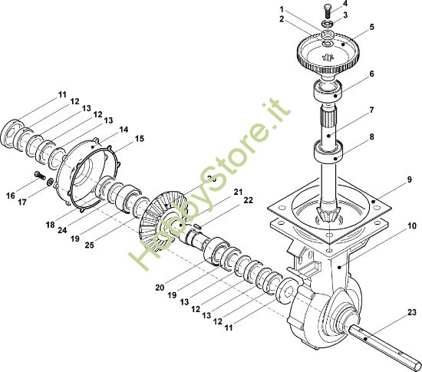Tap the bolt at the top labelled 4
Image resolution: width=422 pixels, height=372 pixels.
pos(328,11)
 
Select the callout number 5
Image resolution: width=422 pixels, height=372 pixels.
pos(371,27)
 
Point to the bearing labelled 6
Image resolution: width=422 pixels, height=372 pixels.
pos(328,91)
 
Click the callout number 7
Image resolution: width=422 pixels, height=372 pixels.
pos(371,110)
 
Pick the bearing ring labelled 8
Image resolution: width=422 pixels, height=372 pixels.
pos(328,151)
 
